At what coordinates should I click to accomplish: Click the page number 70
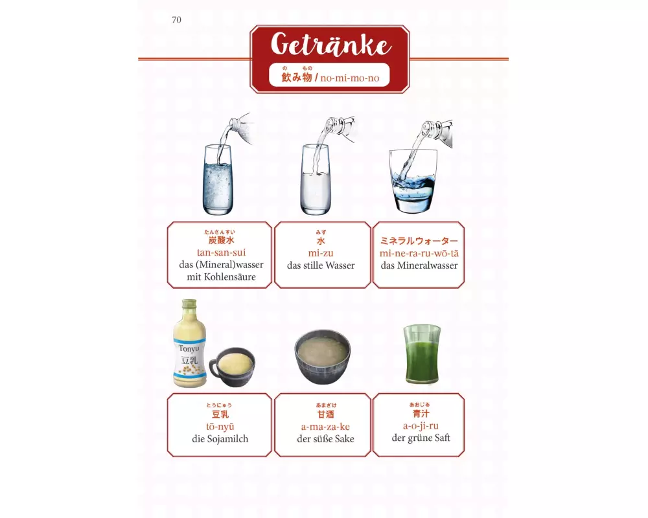176,20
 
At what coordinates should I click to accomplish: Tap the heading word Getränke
330,44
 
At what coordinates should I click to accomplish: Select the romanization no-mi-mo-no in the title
350,78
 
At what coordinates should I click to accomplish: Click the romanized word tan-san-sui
221,253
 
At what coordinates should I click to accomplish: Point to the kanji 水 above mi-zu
321,241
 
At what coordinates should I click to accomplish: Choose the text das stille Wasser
321,265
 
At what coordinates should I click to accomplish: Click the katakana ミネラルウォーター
419,241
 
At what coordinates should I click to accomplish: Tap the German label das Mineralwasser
419,265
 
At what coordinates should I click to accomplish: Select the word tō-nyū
220,426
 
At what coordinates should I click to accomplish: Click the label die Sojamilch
220,439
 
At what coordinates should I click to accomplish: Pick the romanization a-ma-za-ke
325,426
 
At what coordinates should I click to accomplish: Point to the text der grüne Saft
421,438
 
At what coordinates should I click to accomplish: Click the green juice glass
422,354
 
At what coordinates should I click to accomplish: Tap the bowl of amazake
322,357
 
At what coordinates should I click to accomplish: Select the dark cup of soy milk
232,367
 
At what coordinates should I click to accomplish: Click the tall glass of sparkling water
218,179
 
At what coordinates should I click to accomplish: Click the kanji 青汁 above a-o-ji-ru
421,414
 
